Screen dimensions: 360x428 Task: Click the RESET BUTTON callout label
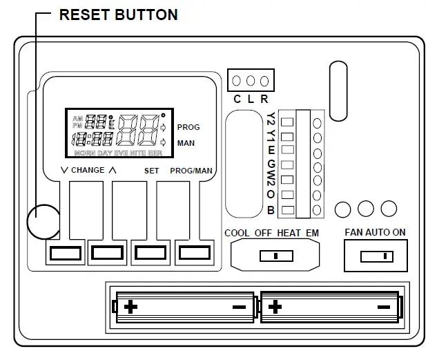(x=119, y=14)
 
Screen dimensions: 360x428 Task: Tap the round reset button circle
(x=43, y=221)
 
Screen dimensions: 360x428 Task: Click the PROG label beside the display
(x=188, y=128)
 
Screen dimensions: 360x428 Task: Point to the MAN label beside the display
(x=185, y=143)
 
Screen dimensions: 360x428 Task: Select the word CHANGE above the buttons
(x=88, y=170)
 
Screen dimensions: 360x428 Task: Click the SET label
(x=151, y=170)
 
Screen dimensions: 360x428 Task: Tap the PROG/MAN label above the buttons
(x=188, y=170)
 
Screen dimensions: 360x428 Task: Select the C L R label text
(x=250, y=99)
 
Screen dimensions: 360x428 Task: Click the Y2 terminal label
(x=271, y=119)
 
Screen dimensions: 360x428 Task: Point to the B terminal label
(x=271, y=210)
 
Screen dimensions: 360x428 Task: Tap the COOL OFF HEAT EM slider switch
(x=274, y=256)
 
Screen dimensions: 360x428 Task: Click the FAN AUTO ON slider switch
(x=375, y=256)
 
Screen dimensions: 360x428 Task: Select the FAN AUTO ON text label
(x=375, y=233)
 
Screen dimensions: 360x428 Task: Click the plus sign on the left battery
(x=130, y=305)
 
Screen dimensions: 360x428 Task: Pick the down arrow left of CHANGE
(x=64, y=170)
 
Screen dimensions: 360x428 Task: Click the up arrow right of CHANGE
(x=113, y=170)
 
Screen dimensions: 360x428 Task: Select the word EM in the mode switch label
(x=312, y=233)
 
